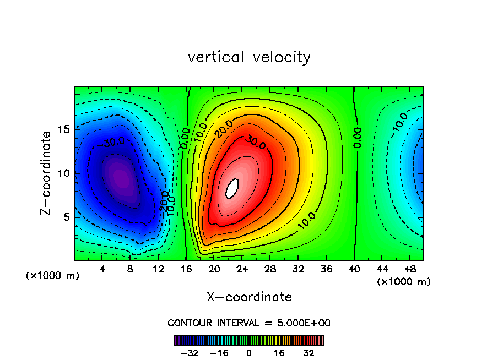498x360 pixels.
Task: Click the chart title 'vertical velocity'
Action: [249, 57]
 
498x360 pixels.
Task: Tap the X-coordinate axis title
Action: [249, 297]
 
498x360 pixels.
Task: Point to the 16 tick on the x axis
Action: [186, 269]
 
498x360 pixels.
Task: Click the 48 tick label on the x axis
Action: [409, 269]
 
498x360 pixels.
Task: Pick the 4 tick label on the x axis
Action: [102, 269]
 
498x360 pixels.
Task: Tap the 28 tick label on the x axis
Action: [270, 269]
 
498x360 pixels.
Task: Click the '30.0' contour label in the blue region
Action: [113, 142]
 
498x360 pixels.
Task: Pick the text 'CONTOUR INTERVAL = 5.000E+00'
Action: [249, 323]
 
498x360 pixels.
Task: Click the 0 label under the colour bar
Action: [249, 353]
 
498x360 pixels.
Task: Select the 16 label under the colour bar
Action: [279, 353]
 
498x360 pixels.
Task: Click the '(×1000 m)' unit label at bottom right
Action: [404, 281]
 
